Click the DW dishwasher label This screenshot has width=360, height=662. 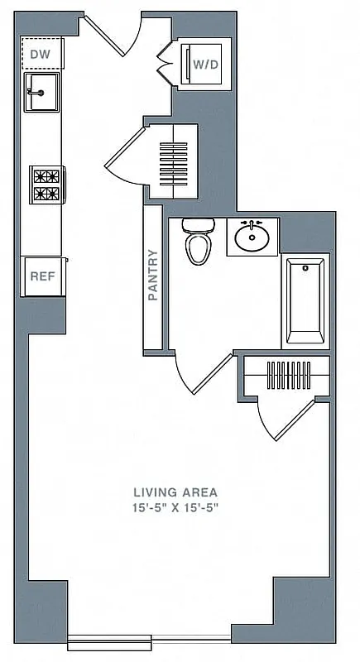pos(41,55)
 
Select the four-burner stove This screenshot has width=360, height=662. pos(46,185)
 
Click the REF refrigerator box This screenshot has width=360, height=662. pos(42,276)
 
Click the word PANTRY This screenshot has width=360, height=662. pos(152,275)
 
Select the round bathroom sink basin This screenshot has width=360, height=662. pos(252,238)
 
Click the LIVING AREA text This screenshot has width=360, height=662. pos(179,492)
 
